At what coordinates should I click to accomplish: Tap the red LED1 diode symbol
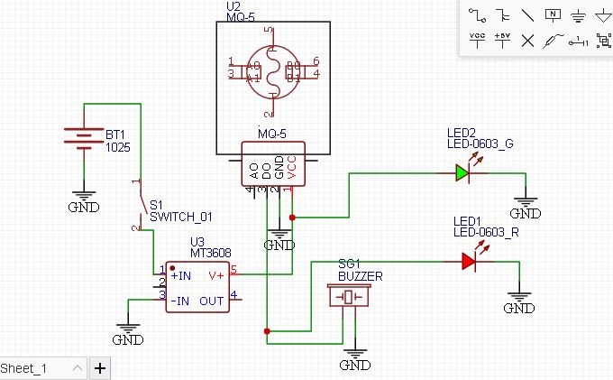[469, 261]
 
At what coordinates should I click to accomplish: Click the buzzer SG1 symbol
[347, 297]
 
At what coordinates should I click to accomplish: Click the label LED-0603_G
[480, 144]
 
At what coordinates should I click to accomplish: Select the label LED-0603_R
[486, 232]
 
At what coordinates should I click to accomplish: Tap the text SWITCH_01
[180, 217]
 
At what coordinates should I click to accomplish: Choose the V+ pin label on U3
[215, 274]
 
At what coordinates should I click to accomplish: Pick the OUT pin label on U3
[212, 301]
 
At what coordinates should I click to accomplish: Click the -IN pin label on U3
[181, 301]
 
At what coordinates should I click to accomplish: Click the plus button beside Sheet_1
[99, 367]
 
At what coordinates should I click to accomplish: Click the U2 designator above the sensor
[233, 6]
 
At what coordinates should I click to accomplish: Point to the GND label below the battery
[84, 207]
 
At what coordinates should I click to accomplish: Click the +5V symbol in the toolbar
[502, 40]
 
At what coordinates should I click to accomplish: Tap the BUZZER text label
[360, 275]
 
